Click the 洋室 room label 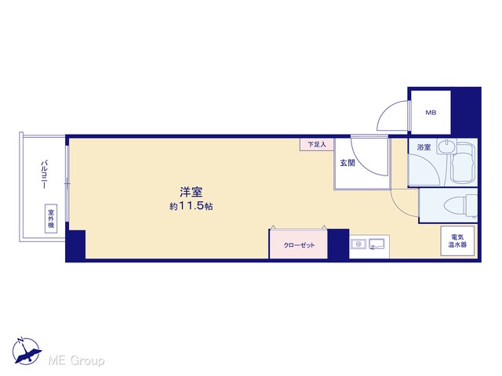point(191,193)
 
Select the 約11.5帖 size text point(191,206)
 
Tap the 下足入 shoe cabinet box point(317,144)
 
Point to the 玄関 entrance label point(347,163)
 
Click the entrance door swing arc point(361,164)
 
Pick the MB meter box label point(431,113)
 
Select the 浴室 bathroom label point(424,147)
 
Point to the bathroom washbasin point(446,146)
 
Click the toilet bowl point(460,205)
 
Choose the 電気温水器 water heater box point(457,241)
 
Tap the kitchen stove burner point(358,244)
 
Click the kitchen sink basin point(376,244)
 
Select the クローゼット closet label point(299,245)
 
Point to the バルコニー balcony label point(44,175)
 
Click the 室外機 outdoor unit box point(51,219)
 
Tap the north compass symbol point(26,351)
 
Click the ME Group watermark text point(76,360)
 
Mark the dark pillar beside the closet point(338,244)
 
